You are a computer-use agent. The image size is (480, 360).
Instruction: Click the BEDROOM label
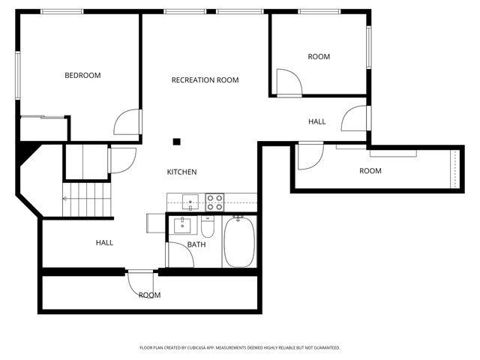[82, 75]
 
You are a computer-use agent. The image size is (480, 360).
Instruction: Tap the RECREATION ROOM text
[205, 80]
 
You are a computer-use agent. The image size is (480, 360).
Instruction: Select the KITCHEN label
[181, 172]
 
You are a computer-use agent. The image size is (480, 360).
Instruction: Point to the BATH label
[196, 244]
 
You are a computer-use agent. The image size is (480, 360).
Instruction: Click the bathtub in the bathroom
[239, 241]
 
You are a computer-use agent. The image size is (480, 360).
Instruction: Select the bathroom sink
[182, 224]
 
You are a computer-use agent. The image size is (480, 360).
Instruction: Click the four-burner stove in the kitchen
[214, 202]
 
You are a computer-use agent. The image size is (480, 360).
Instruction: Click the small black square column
[177, 140]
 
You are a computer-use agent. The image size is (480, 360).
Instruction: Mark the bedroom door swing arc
[127, 122]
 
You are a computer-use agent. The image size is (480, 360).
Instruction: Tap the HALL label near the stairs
[104, 243]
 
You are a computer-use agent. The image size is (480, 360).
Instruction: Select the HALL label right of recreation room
[316, 121]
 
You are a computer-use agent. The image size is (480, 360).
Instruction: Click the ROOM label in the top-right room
[319, 57]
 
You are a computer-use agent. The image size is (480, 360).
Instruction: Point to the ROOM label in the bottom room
[149, 295]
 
